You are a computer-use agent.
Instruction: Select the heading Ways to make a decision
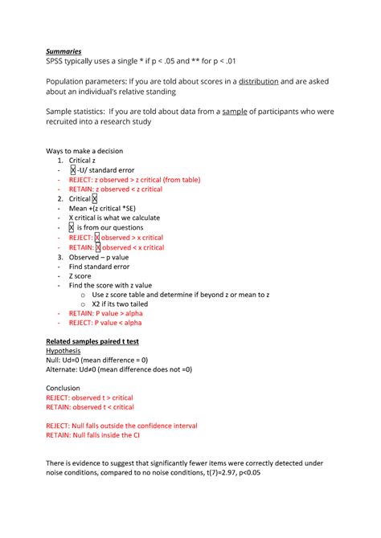click(85, 151)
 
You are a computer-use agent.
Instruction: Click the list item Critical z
click(87, 161)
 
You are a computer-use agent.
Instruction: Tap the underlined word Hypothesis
click(63, 352)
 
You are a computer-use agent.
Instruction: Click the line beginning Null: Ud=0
click(96, 361)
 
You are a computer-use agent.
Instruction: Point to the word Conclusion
click(63, 388)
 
